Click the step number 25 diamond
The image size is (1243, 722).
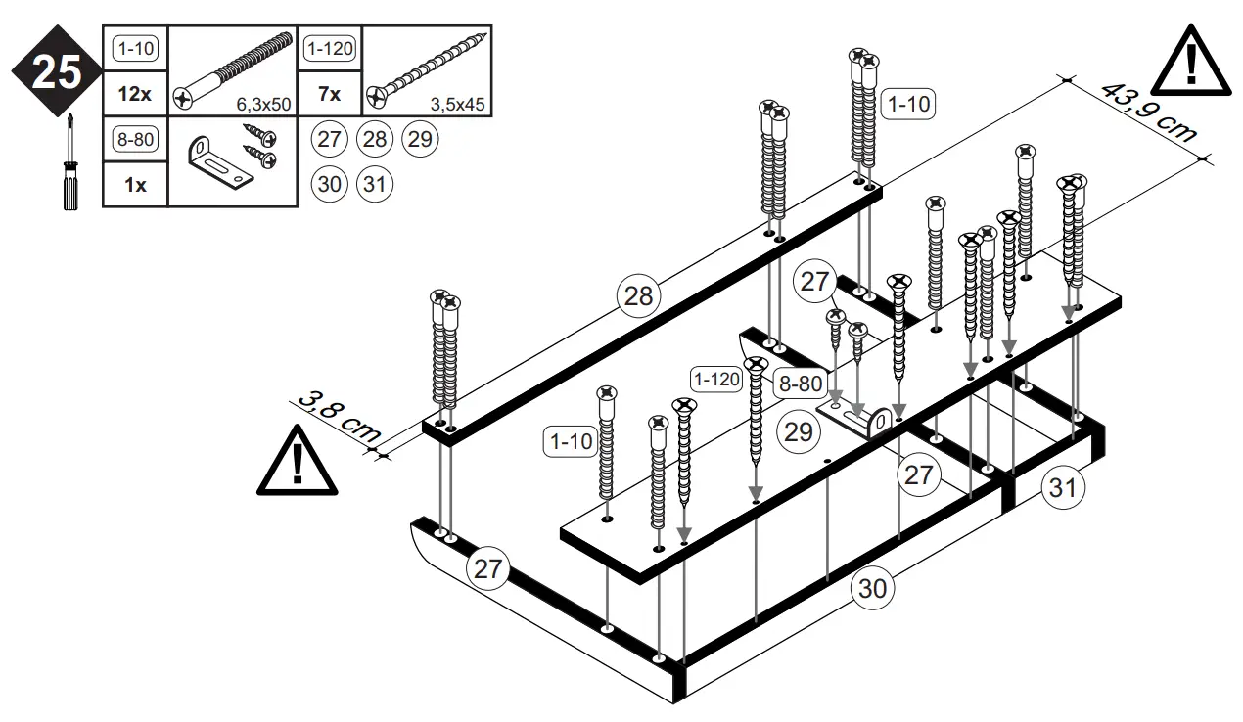click(x=56, y=72)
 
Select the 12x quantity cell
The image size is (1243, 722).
click(x=135, y=95)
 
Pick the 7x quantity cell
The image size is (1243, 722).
click(x=330, y=95)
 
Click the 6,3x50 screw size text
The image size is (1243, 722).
click(x=264, y=103)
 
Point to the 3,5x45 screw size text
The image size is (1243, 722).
click(x=459, y=103)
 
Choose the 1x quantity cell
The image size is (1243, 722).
click(x=135, y=184)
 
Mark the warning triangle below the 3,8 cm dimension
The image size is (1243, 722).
click(x=297, y=462)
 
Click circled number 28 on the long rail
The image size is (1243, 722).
click(x=638, y=295)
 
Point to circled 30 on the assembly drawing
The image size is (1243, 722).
click(x=872, y=589)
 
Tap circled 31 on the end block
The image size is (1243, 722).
click(x=1063, y=486)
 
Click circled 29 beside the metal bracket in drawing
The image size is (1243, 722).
click(x=799, y=430)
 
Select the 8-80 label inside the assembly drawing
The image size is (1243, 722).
click(x=799, y=384)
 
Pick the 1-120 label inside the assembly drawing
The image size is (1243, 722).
click(x=715, y=378)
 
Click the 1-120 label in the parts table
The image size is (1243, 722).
click(x=329, y=48)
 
